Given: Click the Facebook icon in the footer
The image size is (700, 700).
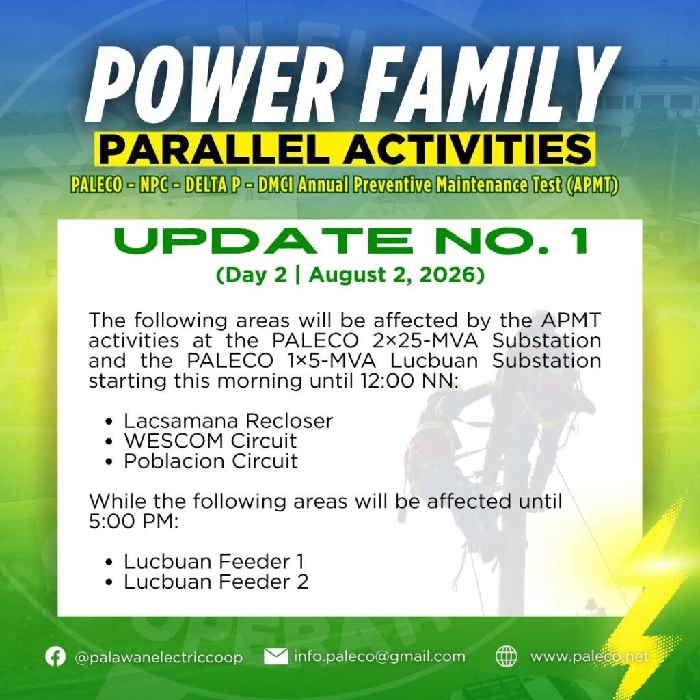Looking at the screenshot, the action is [x=55, y=657].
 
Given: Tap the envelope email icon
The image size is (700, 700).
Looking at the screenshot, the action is [x=276, y=657].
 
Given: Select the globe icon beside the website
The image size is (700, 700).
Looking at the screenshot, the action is [x=507, y=657].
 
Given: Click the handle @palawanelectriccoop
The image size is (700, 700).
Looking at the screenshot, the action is [x=159, y=658].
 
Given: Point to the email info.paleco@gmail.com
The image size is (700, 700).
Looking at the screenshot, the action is [x=379, y=656].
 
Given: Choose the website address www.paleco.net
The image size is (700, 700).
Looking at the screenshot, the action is [x=589, y=656].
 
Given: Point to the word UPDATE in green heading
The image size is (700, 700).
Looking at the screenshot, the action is [x=263, y=241].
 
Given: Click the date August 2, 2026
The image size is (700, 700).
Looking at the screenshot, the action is [x=396, y=275].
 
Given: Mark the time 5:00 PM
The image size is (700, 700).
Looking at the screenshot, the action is [x=133, y=521].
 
